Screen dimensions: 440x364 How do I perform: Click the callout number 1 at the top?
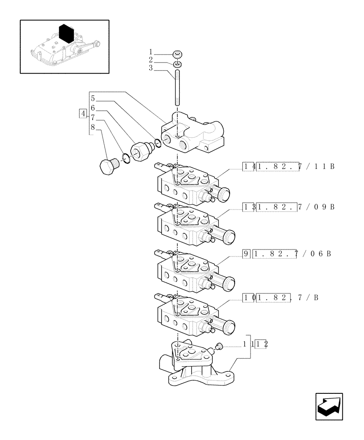tap(150, 52)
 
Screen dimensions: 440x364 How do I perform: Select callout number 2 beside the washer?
tap(150, 60)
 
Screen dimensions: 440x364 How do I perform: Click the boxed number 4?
tap(82, 114)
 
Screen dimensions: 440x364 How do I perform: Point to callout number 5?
tap(93, 99)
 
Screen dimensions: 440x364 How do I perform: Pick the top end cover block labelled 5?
tap(193, 134)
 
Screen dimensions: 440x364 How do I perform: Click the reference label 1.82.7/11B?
tap(295, 166)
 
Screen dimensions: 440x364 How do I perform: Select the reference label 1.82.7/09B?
tap(295, 207)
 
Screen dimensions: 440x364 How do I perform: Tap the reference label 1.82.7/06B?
tap(292, 254)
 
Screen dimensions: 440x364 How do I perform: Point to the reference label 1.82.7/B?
tap(286, 298)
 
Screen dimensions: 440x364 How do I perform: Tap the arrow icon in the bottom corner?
tap(329, 406)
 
